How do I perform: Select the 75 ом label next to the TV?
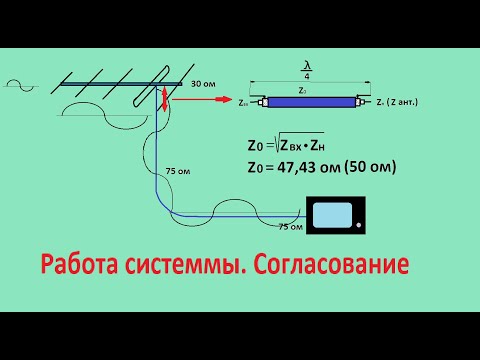[289, 227]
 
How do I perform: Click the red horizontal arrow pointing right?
[209, 100]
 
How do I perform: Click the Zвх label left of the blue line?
[244, 103]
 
